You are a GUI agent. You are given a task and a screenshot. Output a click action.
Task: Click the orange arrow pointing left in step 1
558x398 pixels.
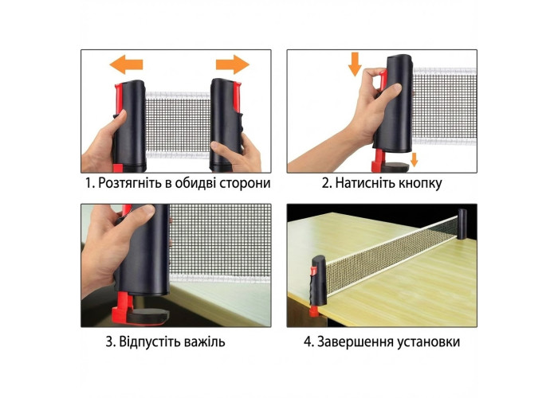click(x=126, y=64)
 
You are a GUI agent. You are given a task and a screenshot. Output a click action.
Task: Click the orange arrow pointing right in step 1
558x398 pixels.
click(x=233, y=64)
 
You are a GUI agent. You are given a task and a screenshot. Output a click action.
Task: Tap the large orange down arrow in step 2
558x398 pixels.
click(x=355, y=64)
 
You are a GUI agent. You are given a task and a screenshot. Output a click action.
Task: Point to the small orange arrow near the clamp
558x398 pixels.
click(x=414, y=159)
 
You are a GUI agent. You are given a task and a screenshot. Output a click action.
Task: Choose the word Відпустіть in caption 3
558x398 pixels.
click(x=150, y=341)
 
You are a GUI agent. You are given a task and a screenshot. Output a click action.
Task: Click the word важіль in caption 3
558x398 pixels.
click(x=205, y=341)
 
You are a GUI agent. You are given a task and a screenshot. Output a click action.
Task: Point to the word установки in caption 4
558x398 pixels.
click(x=428, y=341)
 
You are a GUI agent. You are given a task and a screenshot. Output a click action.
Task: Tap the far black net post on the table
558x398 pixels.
click(x=462, y=224)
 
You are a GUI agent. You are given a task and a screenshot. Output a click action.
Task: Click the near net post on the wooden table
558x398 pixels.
click(x=319, y=281)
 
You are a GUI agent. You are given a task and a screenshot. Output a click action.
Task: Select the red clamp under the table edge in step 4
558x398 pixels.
click(x=314, y=312)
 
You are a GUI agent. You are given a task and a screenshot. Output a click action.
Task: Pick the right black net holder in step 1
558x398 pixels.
click(x=226, y=124)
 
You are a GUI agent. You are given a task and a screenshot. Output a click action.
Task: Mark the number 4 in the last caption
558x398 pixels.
click(x=308, y=342)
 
